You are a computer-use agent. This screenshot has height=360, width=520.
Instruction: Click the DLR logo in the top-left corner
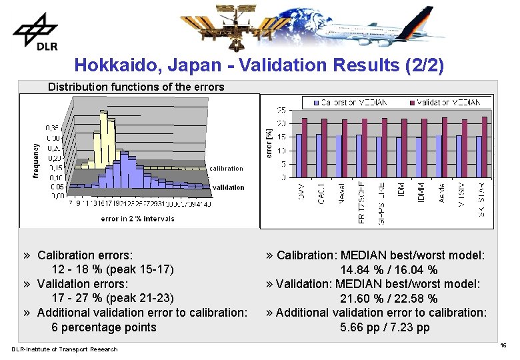35,31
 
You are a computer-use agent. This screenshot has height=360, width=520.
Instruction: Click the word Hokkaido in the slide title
107,65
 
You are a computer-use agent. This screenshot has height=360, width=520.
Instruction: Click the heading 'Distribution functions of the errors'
136,87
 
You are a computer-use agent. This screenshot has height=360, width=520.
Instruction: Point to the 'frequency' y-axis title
35,158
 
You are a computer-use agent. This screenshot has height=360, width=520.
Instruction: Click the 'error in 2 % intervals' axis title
137,219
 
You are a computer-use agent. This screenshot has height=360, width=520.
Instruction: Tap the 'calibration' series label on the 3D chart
226,169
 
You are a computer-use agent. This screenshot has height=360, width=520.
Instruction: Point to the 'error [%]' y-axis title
267,143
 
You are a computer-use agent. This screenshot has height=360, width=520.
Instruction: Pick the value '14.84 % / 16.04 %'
389,270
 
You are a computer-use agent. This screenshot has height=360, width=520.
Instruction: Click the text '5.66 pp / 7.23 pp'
385,327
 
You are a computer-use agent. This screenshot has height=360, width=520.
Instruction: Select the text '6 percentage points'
104,327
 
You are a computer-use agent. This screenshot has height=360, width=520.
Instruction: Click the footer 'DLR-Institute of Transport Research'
64,349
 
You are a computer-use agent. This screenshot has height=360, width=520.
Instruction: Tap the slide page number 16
503,345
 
